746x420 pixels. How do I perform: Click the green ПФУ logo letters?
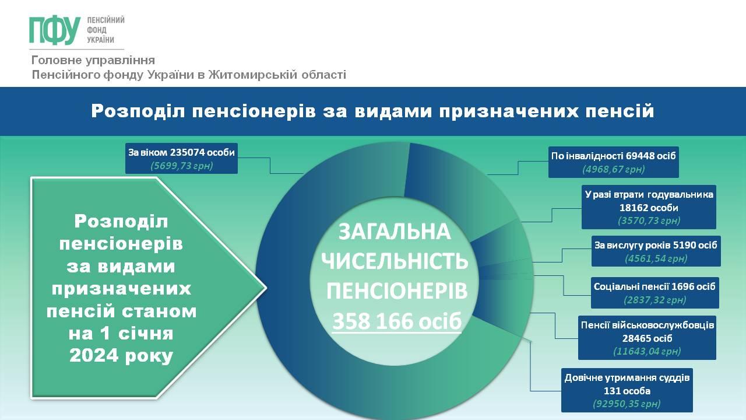(x=55, y=30)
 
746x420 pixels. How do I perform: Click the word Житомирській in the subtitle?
(x=253, y=74)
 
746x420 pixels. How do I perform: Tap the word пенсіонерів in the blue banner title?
(x=254, y=111)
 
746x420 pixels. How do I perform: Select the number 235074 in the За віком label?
(x=187, y=152)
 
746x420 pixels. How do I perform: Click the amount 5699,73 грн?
(x=181, y=166)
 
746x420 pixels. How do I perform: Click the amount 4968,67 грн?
(x=614, y=169)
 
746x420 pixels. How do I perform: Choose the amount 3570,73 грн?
(x=649, y=220)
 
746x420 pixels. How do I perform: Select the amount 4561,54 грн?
(x=656, y=258)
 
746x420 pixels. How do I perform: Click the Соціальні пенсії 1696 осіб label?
(x=654, y=286)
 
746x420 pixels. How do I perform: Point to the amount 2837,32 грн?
(x=655, y=300)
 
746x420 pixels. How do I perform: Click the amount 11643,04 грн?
(x=647, y=351)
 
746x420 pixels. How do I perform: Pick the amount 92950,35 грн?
(x=627, y=404)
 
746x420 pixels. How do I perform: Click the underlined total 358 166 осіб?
(x=397, y=321)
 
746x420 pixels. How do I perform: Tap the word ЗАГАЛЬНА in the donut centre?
(x=395, y=232)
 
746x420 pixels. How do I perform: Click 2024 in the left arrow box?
(x=94, y=355)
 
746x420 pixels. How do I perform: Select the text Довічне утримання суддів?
(x=627, y=377)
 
